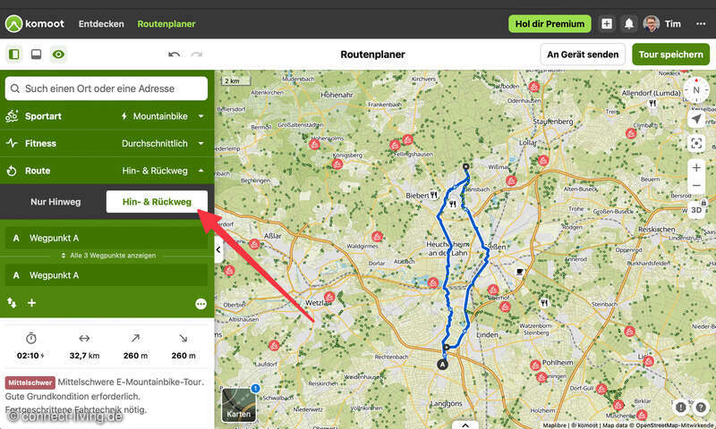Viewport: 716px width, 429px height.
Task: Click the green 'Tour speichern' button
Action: point(670,55)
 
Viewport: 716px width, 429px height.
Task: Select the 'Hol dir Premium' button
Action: point(550,24)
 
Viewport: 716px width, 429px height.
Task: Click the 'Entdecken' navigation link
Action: point(101,24)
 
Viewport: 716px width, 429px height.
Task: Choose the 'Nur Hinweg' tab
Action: point(55,202)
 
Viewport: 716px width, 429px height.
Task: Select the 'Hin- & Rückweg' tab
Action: point(157,202)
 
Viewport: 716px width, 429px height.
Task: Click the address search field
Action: point(107,88)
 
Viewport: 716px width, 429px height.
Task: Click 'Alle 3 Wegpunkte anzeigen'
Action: point(107,257)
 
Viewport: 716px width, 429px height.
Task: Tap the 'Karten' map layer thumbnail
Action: point(239,404)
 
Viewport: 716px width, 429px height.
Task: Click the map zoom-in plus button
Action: point(696,167)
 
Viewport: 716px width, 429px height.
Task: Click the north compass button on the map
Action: point(696,90)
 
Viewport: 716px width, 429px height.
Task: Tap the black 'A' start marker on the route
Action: point(442,364)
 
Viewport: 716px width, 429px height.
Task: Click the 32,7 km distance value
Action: point(84,356)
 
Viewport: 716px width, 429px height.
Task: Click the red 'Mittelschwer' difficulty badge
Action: point(30,383)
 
